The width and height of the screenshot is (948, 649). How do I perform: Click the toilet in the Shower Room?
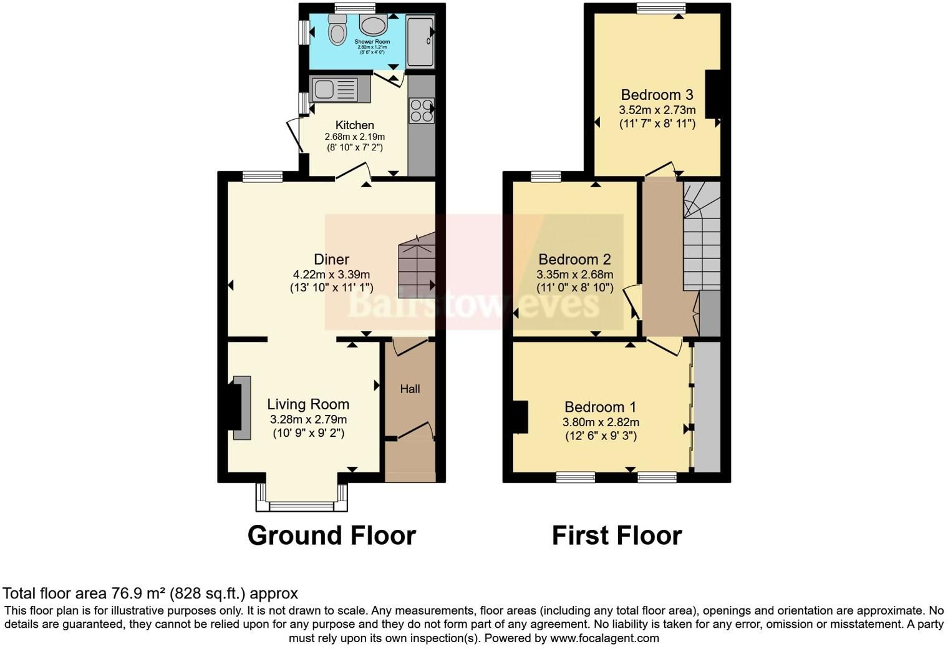[x=337, y=29]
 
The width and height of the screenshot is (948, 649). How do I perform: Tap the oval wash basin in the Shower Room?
[x=373, y=24]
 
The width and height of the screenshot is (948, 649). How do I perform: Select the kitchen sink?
[x=334, y=89]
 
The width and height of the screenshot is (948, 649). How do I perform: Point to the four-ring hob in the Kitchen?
[x=422, y=110]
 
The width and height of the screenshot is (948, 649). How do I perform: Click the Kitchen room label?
[x=355, y=125]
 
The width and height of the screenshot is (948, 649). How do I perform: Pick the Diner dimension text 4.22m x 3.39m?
[x=331, y=275]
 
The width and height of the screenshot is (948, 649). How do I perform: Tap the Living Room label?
[x=308, y=404]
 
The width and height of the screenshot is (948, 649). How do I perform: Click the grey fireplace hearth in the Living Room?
[x=242, y=407]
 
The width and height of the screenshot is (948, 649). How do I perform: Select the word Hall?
[x=410, y=389]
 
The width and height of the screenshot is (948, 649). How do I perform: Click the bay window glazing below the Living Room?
[x=302, y=506]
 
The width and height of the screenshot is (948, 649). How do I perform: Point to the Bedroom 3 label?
[x=657, y=94]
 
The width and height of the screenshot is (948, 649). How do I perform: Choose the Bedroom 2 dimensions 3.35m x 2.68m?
[x=575, y=275]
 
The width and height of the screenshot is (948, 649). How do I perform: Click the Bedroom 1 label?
[x=600, y=407]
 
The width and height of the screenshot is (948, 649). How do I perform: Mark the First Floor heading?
[x=617, y=535]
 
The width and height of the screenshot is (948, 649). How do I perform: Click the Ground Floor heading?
[x=332, y=535]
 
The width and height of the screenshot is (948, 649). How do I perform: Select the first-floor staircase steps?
[x=702, y=237]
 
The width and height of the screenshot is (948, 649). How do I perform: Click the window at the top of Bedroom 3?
[x=662, y=8]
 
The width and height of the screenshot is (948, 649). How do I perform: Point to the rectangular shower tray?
[x=420, y=41]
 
